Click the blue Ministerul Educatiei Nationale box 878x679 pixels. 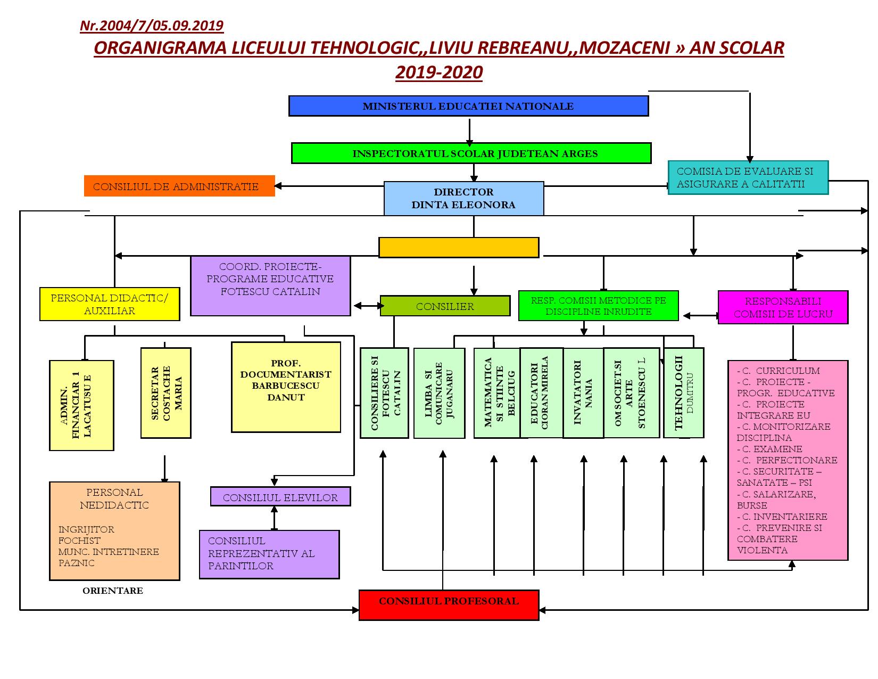pyautogui.click(x=468, y=106)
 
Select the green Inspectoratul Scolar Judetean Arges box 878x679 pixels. pyautogui.click(x=471, y=153)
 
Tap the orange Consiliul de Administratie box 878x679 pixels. pyautogui.click(x=179, y=186)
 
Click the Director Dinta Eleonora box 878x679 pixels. pyautogui.click(x=463, y=198)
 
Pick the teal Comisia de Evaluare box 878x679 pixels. pyautogui.click(x=748, y=178)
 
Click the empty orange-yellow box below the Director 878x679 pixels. pyautogui.click(x=459, y=248)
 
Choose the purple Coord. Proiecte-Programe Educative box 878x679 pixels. pyautogui.click(x=270, y=285)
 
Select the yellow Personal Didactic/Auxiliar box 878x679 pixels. pyautogui.click(x=110, y=304)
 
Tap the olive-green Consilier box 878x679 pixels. pyautogui.click(x=445, y=306)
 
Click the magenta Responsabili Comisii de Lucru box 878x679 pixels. pyautogui.click(x=783, y=307)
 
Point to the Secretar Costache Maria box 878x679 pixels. pyautogui.click(x=166, y=393)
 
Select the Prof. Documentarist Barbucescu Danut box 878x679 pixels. pyautogui.click(x=286, y=387)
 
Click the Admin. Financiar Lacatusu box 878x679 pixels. pyautogui.click(x=81, y=405)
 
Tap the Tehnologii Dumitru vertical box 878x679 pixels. pyautogui.click(x=684, y=392)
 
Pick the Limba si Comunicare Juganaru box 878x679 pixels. pyautogui.click(x=439, y=393)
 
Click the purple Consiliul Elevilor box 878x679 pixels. pyautogui.click(x=280, y=497)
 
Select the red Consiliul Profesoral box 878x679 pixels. pyautogui.click(x=449, y=604)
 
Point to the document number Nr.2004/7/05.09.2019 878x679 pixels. pyautogui.click(x=152, y=26)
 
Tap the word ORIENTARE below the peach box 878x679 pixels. pyautogui.click(x=113, y=591)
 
